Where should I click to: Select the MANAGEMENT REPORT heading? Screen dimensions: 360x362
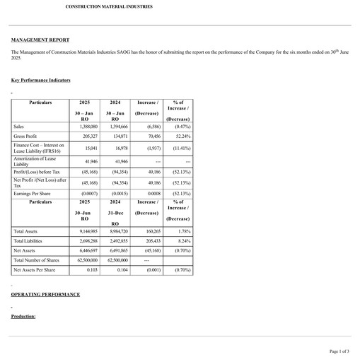(x=40, y=40)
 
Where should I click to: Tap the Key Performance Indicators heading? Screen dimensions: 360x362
(x=41, y=81)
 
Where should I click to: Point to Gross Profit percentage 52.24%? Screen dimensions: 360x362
(x=182, y=136)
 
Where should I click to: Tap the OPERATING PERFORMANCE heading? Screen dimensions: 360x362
(x=45, y=294)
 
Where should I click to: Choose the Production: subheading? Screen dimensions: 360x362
(x=23, y=316)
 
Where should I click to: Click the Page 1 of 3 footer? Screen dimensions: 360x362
(x=339, y=351)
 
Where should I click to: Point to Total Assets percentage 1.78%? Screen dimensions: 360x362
(x=184, y=231)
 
